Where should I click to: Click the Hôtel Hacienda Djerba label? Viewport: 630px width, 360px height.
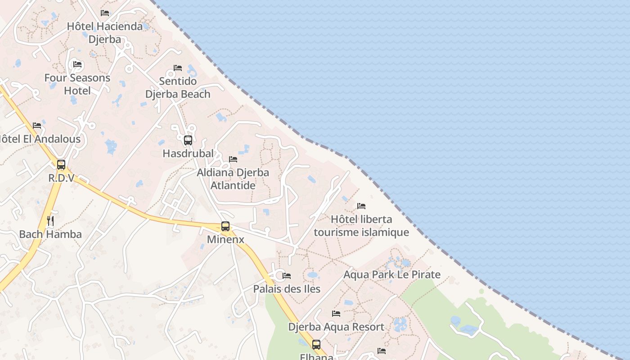105,32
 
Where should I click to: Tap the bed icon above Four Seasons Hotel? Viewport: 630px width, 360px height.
77,64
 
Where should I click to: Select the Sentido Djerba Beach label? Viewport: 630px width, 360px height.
178,87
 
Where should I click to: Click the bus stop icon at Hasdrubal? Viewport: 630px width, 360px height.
188,140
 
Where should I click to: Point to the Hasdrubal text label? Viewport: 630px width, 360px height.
188,153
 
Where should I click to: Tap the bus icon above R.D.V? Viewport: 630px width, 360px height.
61,165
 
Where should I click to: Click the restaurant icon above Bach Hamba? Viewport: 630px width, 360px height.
50,221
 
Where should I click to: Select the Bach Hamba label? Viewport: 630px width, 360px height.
50,234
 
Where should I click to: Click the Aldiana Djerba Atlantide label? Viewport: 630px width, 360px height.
233,179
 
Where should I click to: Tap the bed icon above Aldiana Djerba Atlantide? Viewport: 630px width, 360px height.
233,159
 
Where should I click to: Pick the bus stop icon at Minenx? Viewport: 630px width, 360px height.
225,226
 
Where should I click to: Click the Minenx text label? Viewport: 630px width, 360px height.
225,239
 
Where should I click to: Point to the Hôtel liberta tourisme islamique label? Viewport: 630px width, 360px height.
361,226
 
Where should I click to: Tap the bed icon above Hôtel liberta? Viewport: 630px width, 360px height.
361,206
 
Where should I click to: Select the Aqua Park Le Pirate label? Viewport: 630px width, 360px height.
392,274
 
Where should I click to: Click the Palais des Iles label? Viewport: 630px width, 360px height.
287,289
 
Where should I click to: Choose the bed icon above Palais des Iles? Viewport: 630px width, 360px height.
287,275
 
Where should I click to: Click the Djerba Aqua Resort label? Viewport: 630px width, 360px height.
336,327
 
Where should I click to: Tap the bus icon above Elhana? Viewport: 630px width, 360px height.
316,345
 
